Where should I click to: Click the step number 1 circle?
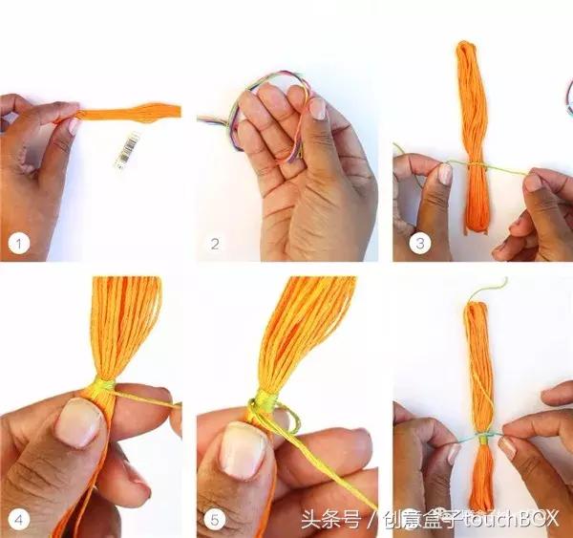click(x=19, y=244)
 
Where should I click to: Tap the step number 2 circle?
click(x=215, y=244)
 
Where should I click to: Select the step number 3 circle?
click(x=420, y=244)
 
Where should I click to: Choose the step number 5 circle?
click(x=215, y=519)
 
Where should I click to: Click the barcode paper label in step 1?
click(x=126, y=150)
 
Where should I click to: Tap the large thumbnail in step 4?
click(x=78, y=423)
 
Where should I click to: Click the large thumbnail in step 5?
click(x=243, y=451)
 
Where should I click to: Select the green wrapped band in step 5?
click(x=266, y=399)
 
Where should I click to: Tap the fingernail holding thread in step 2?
click(x=318, y=109)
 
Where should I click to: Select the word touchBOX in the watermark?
click(x=511, y=519)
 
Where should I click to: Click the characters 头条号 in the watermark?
click(x=331, y=519)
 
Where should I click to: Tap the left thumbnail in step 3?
click(x=445, y=174)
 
